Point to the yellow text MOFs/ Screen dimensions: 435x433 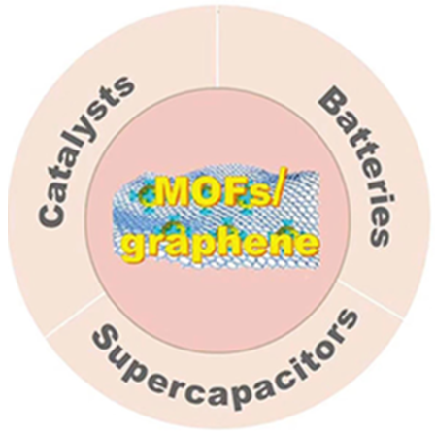point(219,193)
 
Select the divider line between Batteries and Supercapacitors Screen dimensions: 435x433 point(372,298)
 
